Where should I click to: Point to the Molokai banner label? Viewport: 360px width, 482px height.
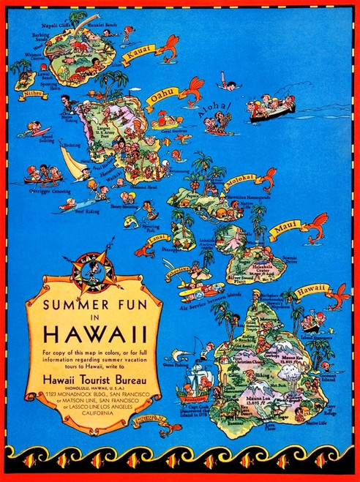[241, 178]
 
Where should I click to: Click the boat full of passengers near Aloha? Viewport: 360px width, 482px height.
[271, 109]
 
